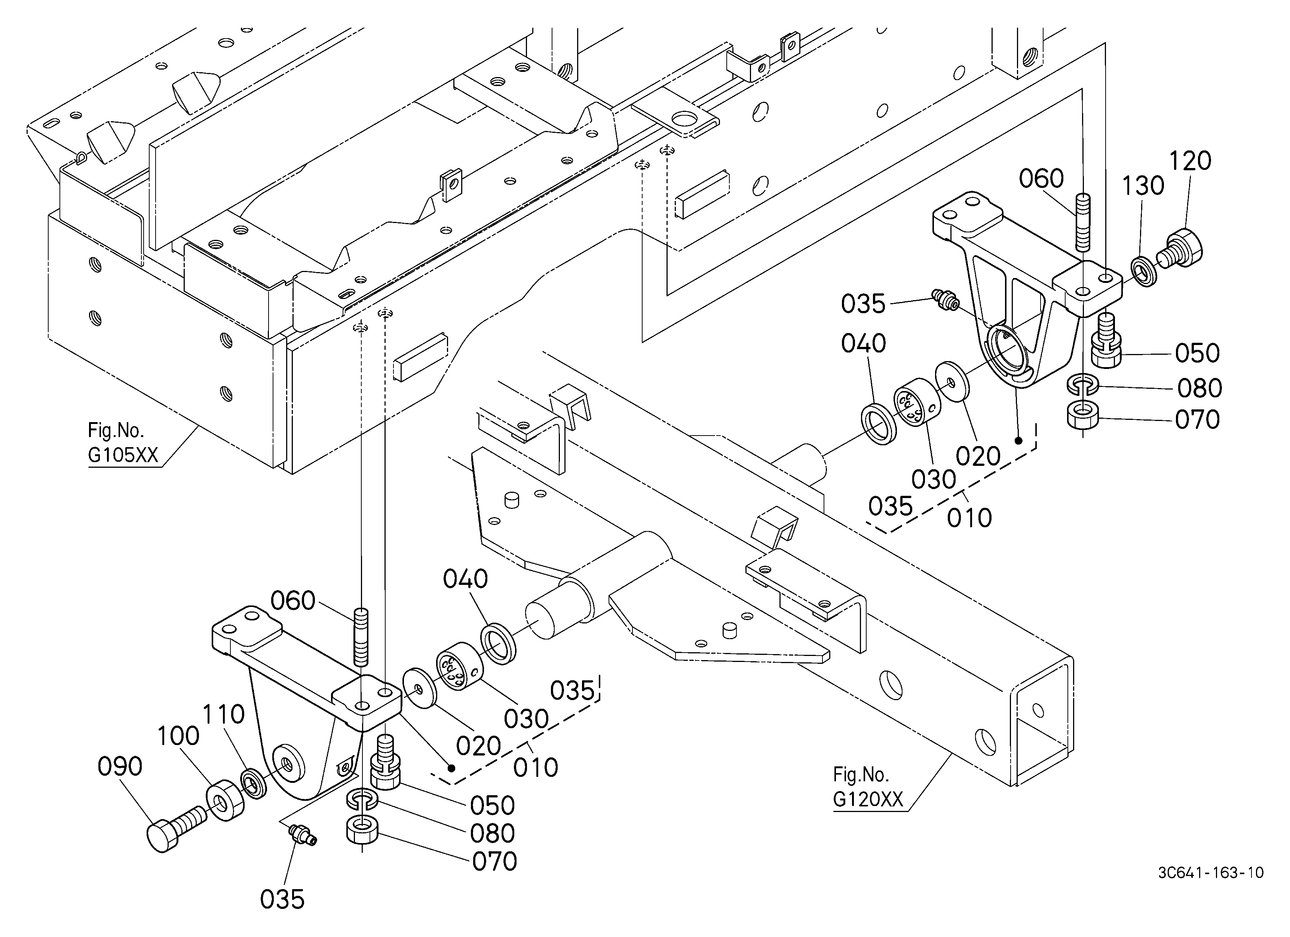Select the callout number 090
[119, 767]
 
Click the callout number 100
[178, 736]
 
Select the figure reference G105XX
[123, 456]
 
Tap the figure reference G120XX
[868, 800]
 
